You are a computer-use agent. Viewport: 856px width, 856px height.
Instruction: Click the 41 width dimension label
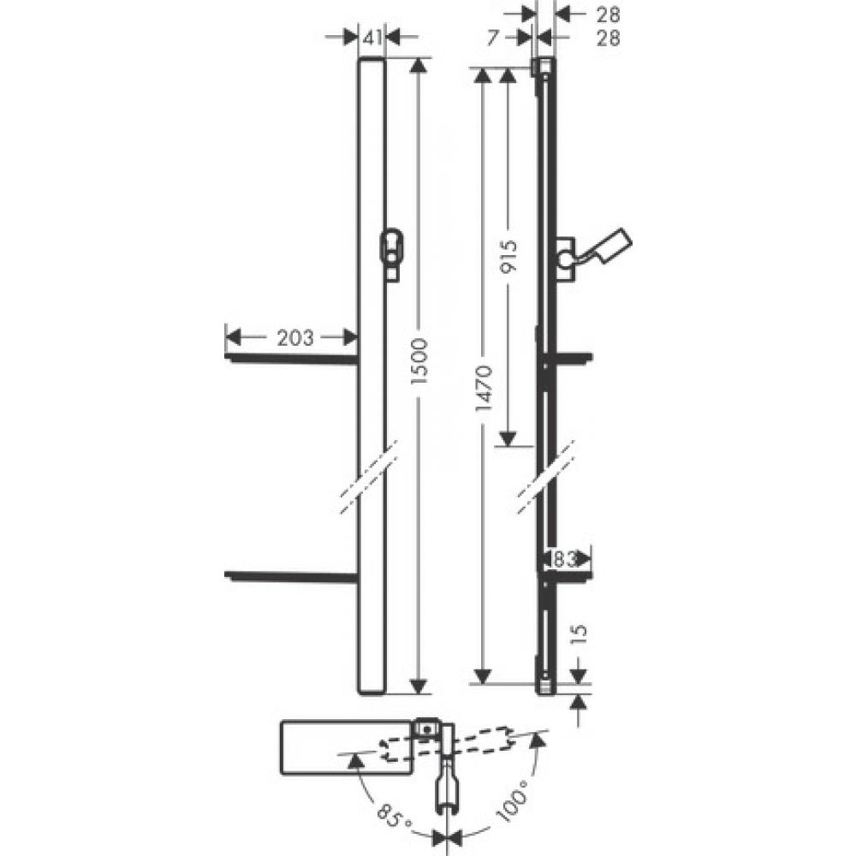372,37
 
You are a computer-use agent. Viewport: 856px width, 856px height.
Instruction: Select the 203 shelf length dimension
294,337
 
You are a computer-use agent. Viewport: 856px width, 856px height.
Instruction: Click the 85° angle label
396,813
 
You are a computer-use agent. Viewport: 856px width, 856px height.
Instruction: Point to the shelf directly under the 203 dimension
291,358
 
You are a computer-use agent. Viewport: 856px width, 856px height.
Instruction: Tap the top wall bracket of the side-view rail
542,68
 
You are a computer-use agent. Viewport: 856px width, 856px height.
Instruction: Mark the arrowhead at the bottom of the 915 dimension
508,438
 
